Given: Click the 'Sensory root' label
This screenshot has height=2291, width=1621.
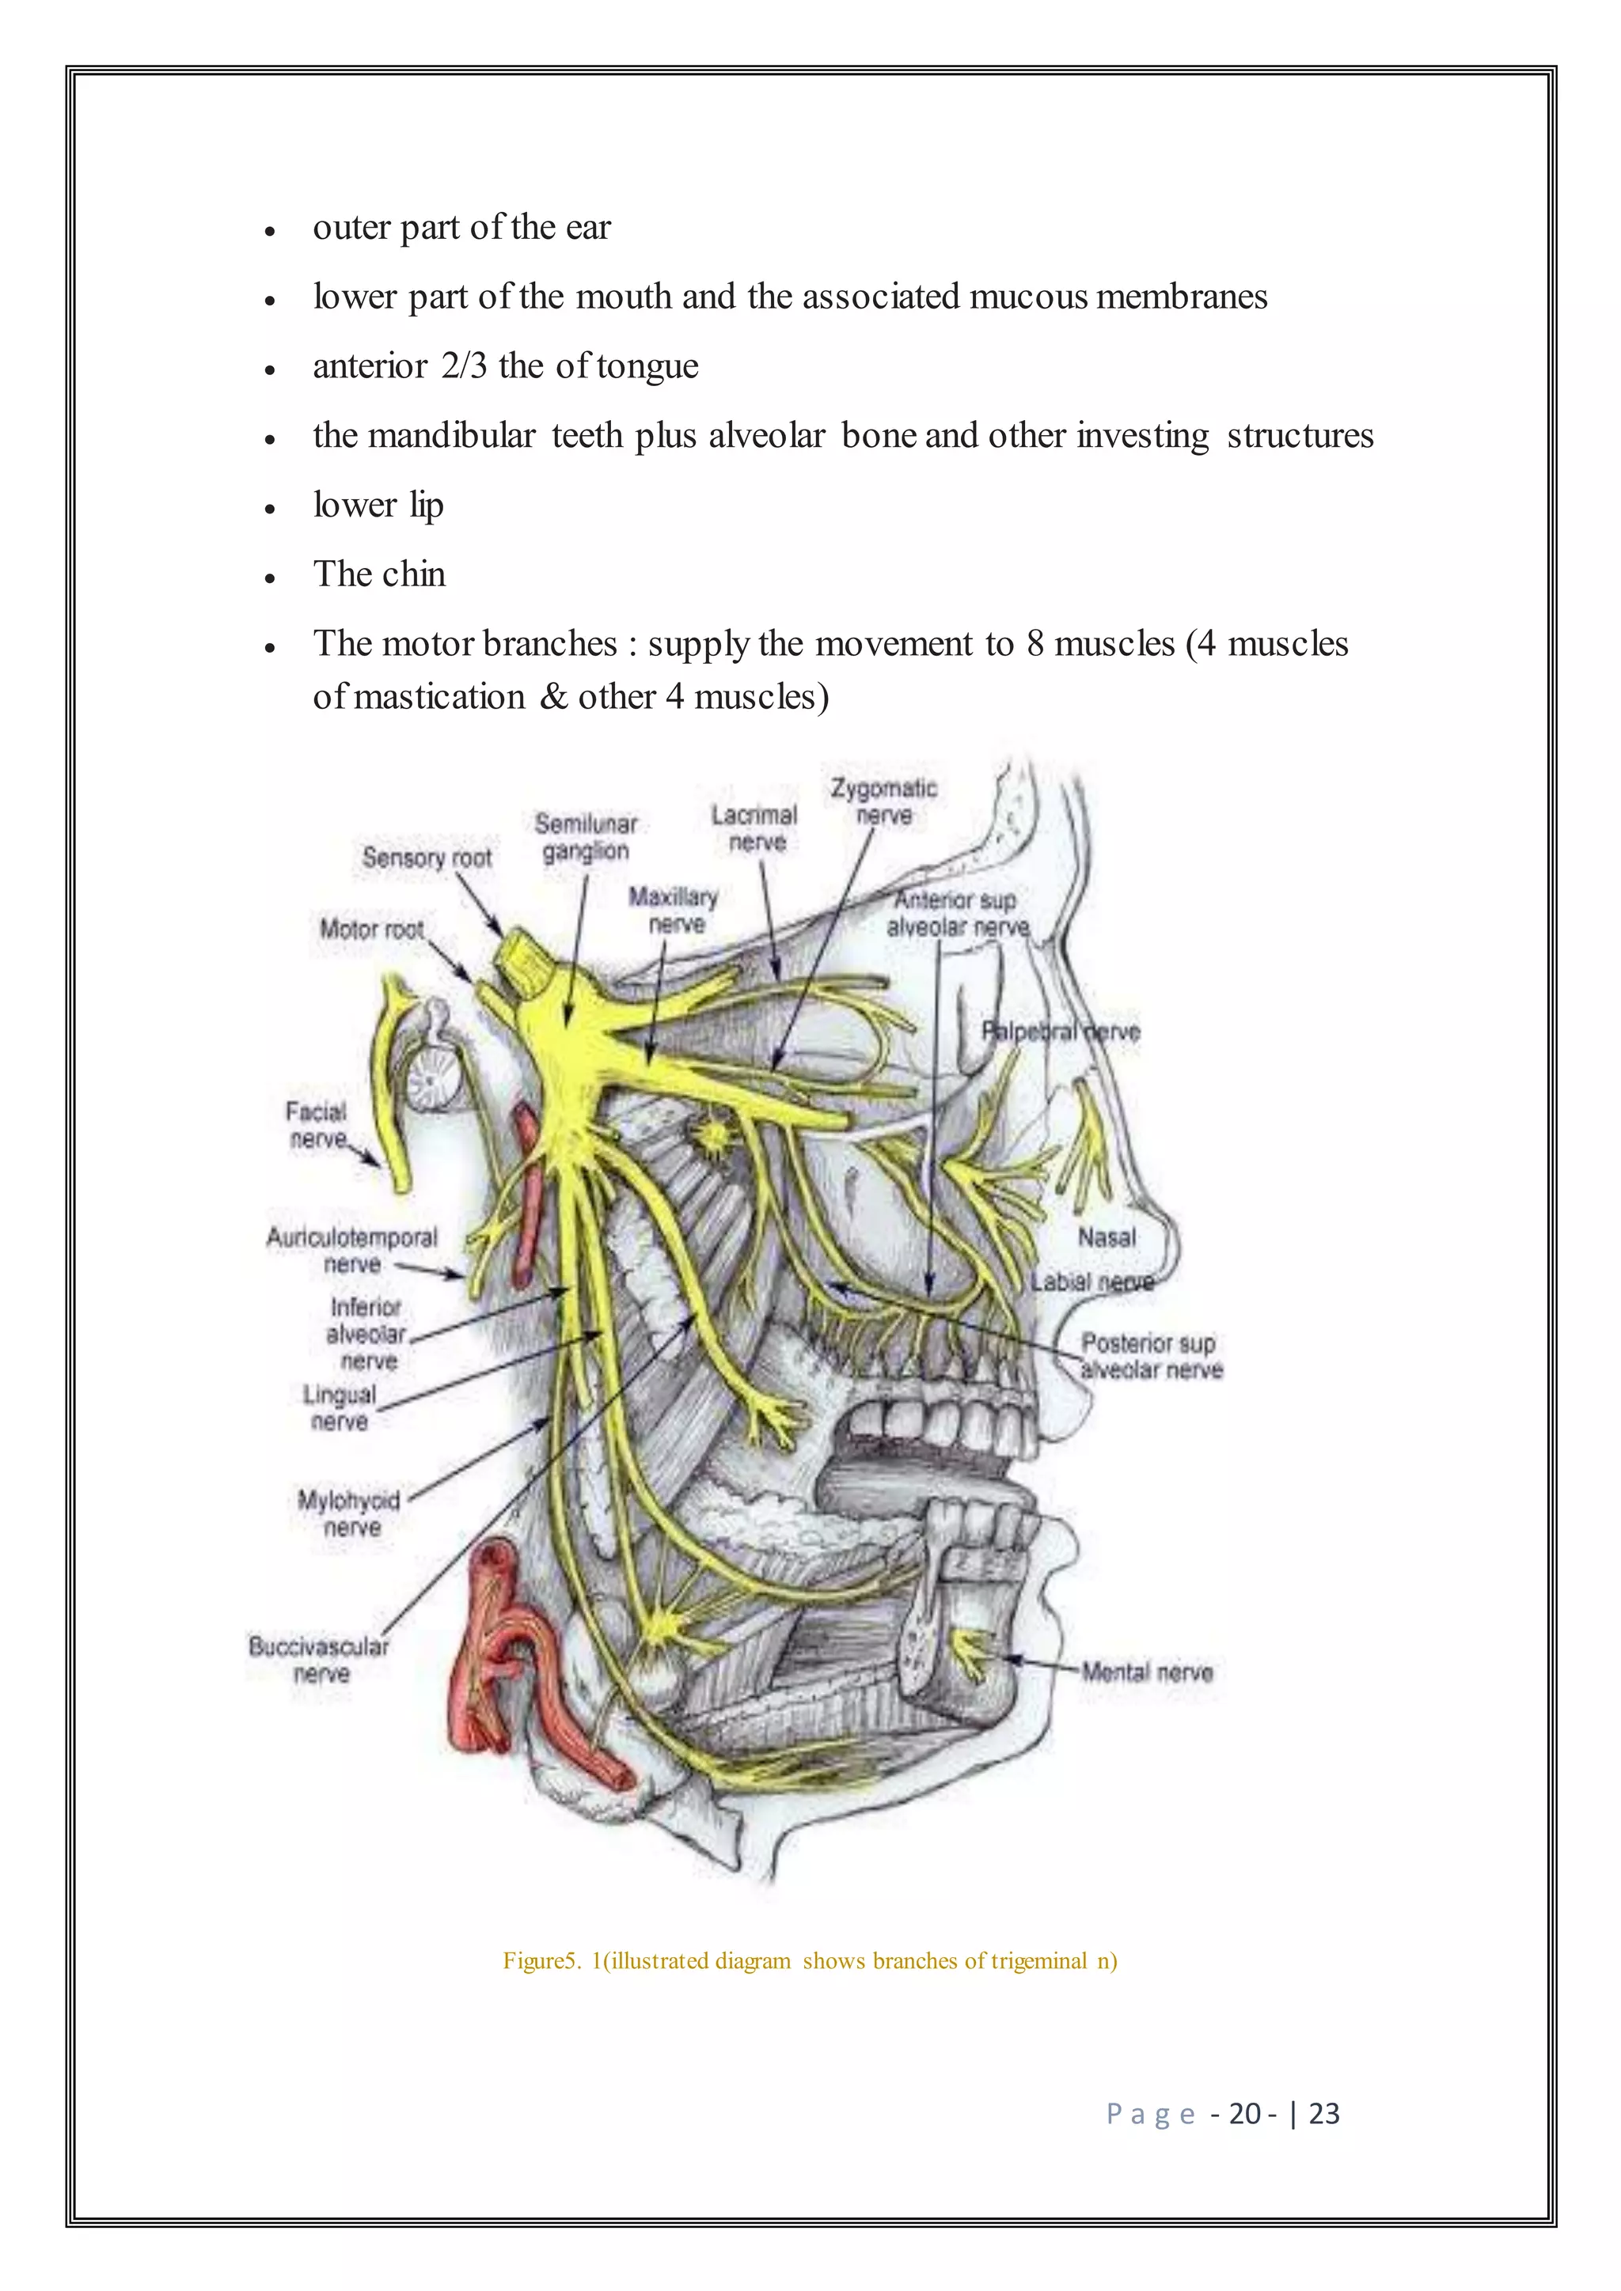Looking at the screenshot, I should [427, 858].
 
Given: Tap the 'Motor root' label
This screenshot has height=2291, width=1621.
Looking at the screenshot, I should [371, 930].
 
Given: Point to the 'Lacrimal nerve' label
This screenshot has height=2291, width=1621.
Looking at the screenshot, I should [754, 829].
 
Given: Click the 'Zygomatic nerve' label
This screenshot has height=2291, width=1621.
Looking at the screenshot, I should [884, 802].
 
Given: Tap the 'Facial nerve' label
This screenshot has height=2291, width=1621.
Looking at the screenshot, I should [317, 1126].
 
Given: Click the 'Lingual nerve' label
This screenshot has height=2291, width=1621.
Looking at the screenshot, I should [340, 1408].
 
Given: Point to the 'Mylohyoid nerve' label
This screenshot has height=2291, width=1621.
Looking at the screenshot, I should [349, 1513].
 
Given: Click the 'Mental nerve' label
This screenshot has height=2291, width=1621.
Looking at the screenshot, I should [1148, 1672].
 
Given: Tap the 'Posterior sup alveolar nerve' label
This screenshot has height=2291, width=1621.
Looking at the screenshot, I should [1151, 1357].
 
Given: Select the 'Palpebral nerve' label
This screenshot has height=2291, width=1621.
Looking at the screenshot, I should [1060, 1032].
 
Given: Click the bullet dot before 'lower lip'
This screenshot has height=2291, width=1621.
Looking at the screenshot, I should [269, 508].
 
